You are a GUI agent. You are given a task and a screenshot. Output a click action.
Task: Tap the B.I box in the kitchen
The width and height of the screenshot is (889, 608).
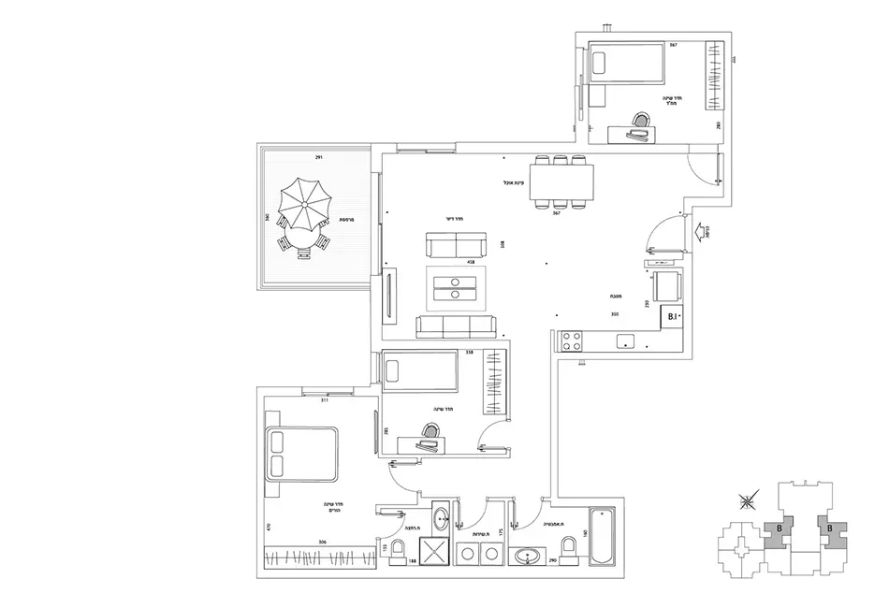tap(672, 318)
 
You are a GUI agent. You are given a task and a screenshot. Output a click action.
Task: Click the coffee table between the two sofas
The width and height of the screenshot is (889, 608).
tap(456, 288)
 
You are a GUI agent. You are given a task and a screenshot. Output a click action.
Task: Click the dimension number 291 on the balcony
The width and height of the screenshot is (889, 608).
tap(320, 157)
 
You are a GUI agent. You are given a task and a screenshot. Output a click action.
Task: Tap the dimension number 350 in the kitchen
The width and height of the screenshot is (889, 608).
tap(615, 314)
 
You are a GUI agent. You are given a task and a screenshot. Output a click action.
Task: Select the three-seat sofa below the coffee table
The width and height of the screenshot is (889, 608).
tap(456, 326)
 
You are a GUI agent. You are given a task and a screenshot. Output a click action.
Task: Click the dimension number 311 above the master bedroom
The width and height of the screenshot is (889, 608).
tap(324, 399)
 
